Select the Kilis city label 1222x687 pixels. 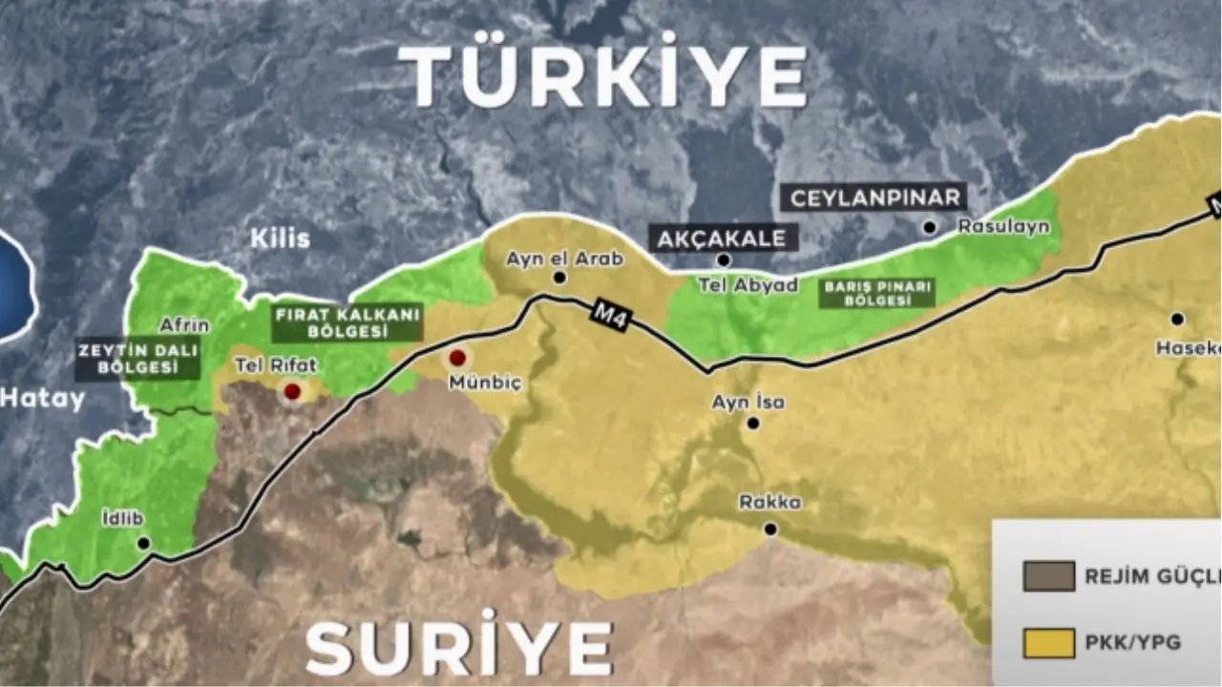point(280,239)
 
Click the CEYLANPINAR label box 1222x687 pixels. point(874,198)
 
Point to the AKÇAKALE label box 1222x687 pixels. point(725,238)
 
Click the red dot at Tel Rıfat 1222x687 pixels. point(292,391)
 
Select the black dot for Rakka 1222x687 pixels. point(770,529)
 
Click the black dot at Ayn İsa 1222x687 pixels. point(753,423)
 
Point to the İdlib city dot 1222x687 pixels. point(143,543)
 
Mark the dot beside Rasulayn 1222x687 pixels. point(929,227)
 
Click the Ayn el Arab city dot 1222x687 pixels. point(559,279)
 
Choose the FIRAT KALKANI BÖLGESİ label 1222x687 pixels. point(348,323)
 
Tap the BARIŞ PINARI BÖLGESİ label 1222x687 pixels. point(877,292)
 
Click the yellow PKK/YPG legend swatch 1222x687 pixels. point(1050,642)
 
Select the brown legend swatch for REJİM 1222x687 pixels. point(1050,576)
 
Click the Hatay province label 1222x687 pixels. point(43,399)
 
